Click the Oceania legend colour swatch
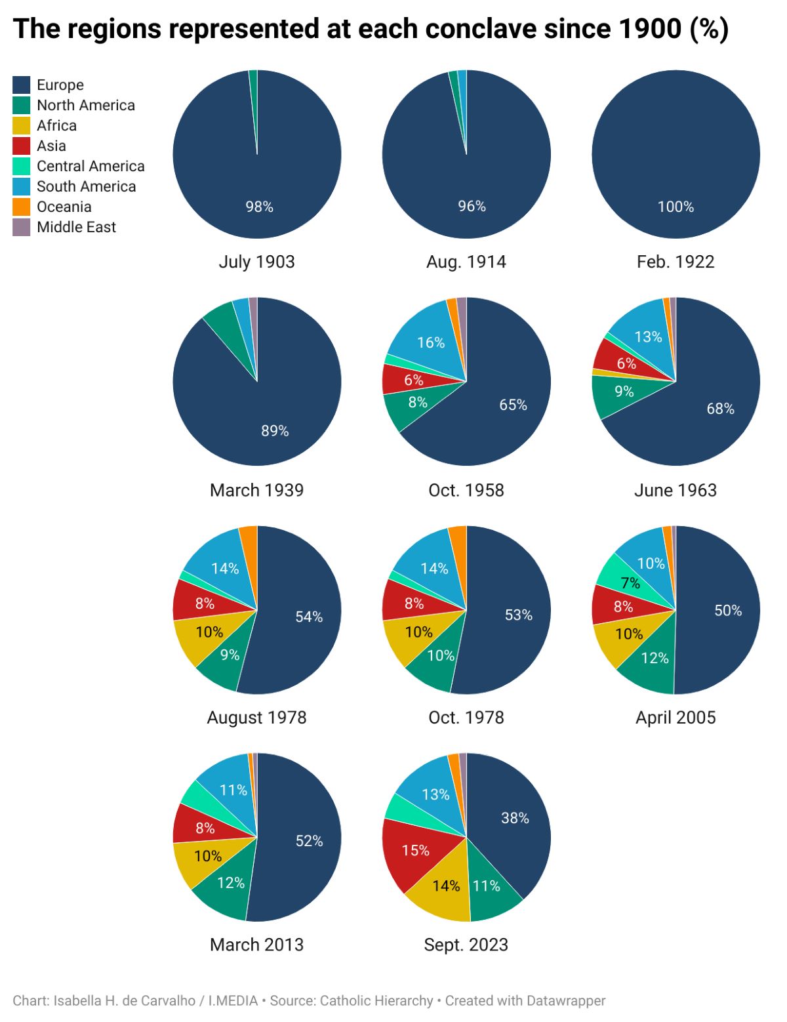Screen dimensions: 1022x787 click(x=22, y=207)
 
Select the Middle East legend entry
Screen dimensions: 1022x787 click(x=75, y=227)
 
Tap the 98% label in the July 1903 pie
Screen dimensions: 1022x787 click(x=259, y=207)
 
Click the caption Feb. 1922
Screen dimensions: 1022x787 click(x=675, y=262)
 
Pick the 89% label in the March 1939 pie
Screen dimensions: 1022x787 click(x=275, y=430)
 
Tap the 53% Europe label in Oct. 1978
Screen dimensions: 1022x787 click(x=518, y=615)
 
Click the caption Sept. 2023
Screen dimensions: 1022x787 click(x=466, y=945)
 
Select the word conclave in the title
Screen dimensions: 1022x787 click(x=479, y=29)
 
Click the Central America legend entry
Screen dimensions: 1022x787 click(x=90, y=166)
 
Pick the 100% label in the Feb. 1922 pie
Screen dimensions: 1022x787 click(x=676, y=207)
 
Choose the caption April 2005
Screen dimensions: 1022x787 click(x=676, y=718)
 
